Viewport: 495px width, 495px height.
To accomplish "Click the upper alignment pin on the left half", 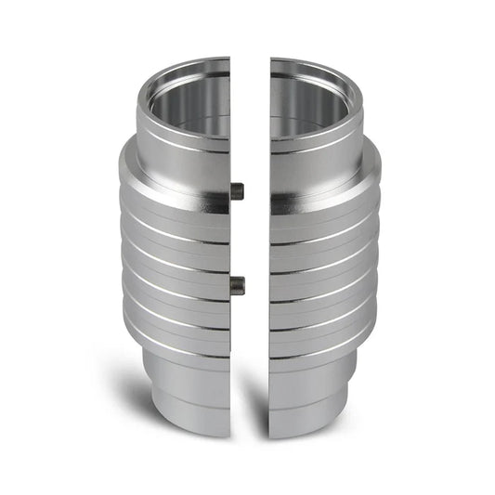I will coord(237,190).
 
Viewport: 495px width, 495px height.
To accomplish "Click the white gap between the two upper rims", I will coord(250,84).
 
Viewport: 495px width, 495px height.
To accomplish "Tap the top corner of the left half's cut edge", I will coord(228,59).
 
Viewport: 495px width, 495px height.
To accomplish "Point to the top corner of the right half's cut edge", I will coord(271,59).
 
